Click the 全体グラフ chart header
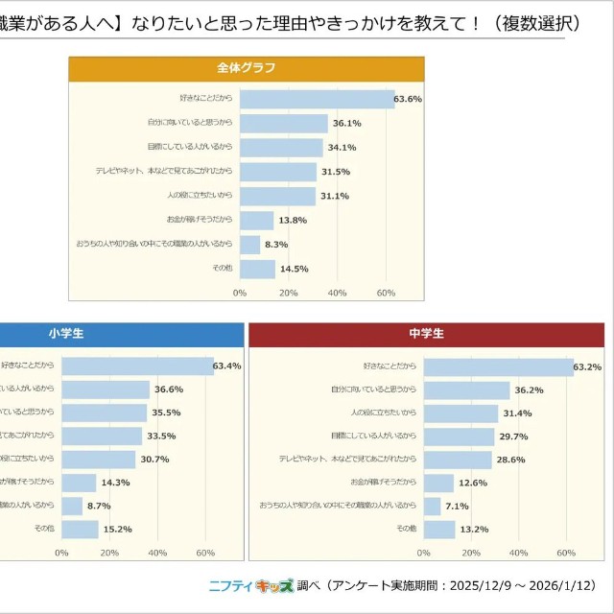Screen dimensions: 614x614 [246, 68]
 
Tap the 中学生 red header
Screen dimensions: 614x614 [426, 334]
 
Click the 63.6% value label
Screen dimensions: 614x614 [409, 100]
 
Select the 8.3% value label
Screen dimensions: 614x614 [276, 245]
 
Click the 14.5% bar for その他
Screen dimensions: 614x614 [257, 269]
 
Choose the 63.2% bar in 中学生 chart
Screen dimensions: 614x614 [498, 366]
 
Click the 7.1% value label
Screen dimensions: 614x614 [457, 506]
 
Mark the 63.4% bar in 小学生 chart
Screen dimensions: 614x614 [137, 366]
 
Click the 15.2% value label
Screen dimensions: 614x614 [116, 529]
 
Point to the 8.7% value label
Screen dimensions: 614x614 [98, 506]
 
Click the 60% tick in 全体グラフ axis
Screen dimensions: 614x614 [386, 293]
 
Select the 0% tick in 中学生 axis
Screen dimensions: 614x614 [424, 553]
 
